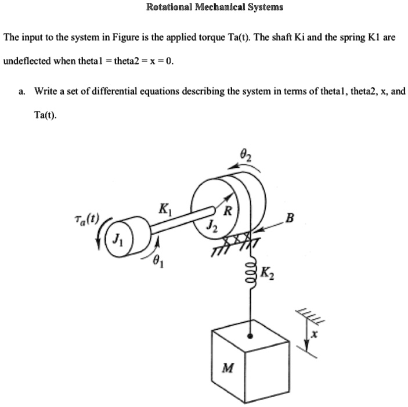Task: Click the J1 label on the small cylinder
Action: [x=118, y=237]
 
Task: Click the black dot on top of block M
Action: [x=250, y=335]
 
